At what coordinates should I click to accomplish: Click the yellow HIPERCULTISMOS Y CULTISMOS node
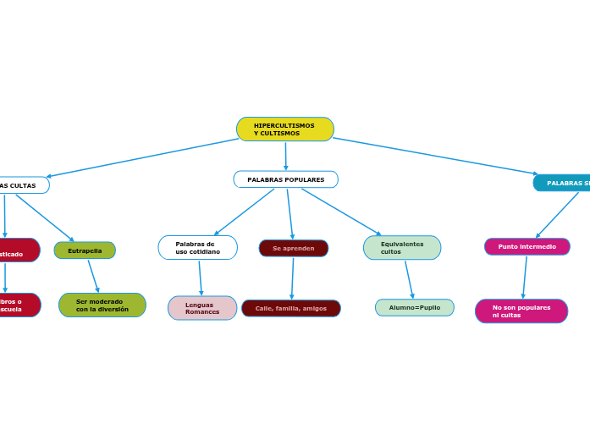pyautogui.click(x=284, y=129)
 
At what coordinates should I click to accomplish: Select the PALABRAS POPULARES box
pyautogui.click(x=285, y=179)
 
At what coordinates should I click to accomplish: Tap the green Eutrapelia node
pyautogui.click(x=85, y=250)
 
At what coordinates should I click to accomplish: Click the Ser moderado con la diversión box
pyautogui.click(x=102, y=305)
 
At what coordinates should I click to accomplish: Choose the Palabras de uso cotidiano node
pyautogui.click(x=197, y=248)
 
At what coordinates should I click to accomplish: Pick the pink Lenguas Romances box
pyautogui.click(x=201, y=308)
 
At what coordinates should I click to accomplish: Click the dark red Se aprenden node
pyautogui.click(x=293, y=248)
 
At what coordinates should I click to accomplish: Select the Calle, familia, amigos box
pyautogui.click(x=290, y=308)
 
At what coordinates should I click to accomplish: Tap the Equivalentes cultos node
pyautogui.click(x=401, y=248)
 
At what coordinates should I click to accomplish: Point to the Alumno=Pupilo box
pyautogui.click(x=414, y=307)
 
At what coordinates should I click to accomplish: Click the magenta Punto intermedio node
pyautogui.click(x=527, y=246)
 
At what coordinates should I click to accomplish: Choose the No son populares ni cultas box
pyautogui.click(x=521, y=311)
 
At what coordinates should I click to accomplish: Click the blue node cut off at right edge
pyautogui.click(x=564, y=183)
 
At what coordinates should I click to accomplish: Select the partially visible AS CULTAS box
pyautogui.click(x=22, y=185)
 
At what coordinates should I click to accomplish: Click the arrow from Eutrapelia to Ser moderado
pyautogui.click(x=93, y=276)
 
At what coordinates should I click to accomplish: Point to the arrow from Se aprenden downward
pyautogui.click(x=292, y=278)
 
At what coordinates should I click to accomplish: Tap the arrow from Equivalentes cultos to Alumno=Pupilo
pyautogui.click(x=409, y=279)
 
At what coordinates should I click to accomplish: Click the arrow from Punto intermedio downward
pyautogui.click(x=525, y=277)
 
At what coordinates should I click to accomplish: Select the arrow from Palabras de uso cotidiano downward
pyautogui.click(x=200, y=278)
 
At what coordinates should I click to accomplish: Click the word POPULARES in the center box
pyautogui.click(x=304, y=179)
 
